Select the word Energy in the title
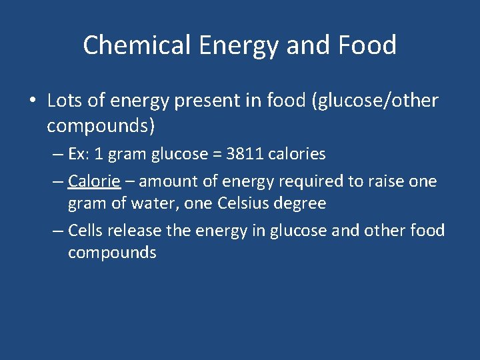tap(225, 45)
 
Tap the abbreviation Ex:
tap(79, 154)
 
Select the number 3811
tap(244, 154)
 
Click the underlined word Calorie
tap(94, 181)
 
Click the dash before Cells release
tap(58, 231)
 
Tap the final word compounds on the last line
tap(112, 253)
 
